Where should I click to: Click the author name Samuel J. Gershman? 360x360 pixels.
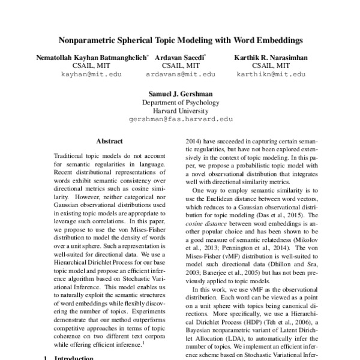[x=181, y=94]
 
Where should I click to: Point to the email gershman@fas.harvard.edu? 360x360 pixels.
[x=181, y=119]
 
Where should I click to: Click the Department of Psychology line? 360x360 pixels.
[x=181, y=103]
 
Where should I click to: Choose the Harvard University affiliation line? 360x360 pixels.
[x=181, y=111]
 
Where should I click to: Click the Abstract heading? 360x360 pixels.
[x=109, y=142]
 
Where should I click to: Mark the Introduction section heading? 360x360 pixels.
[x=73, y=358]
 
